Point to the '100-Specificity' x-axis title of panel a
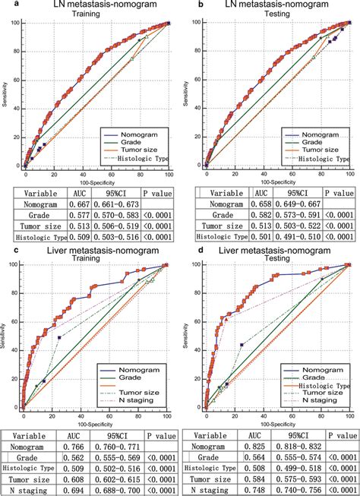(95, 182)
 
